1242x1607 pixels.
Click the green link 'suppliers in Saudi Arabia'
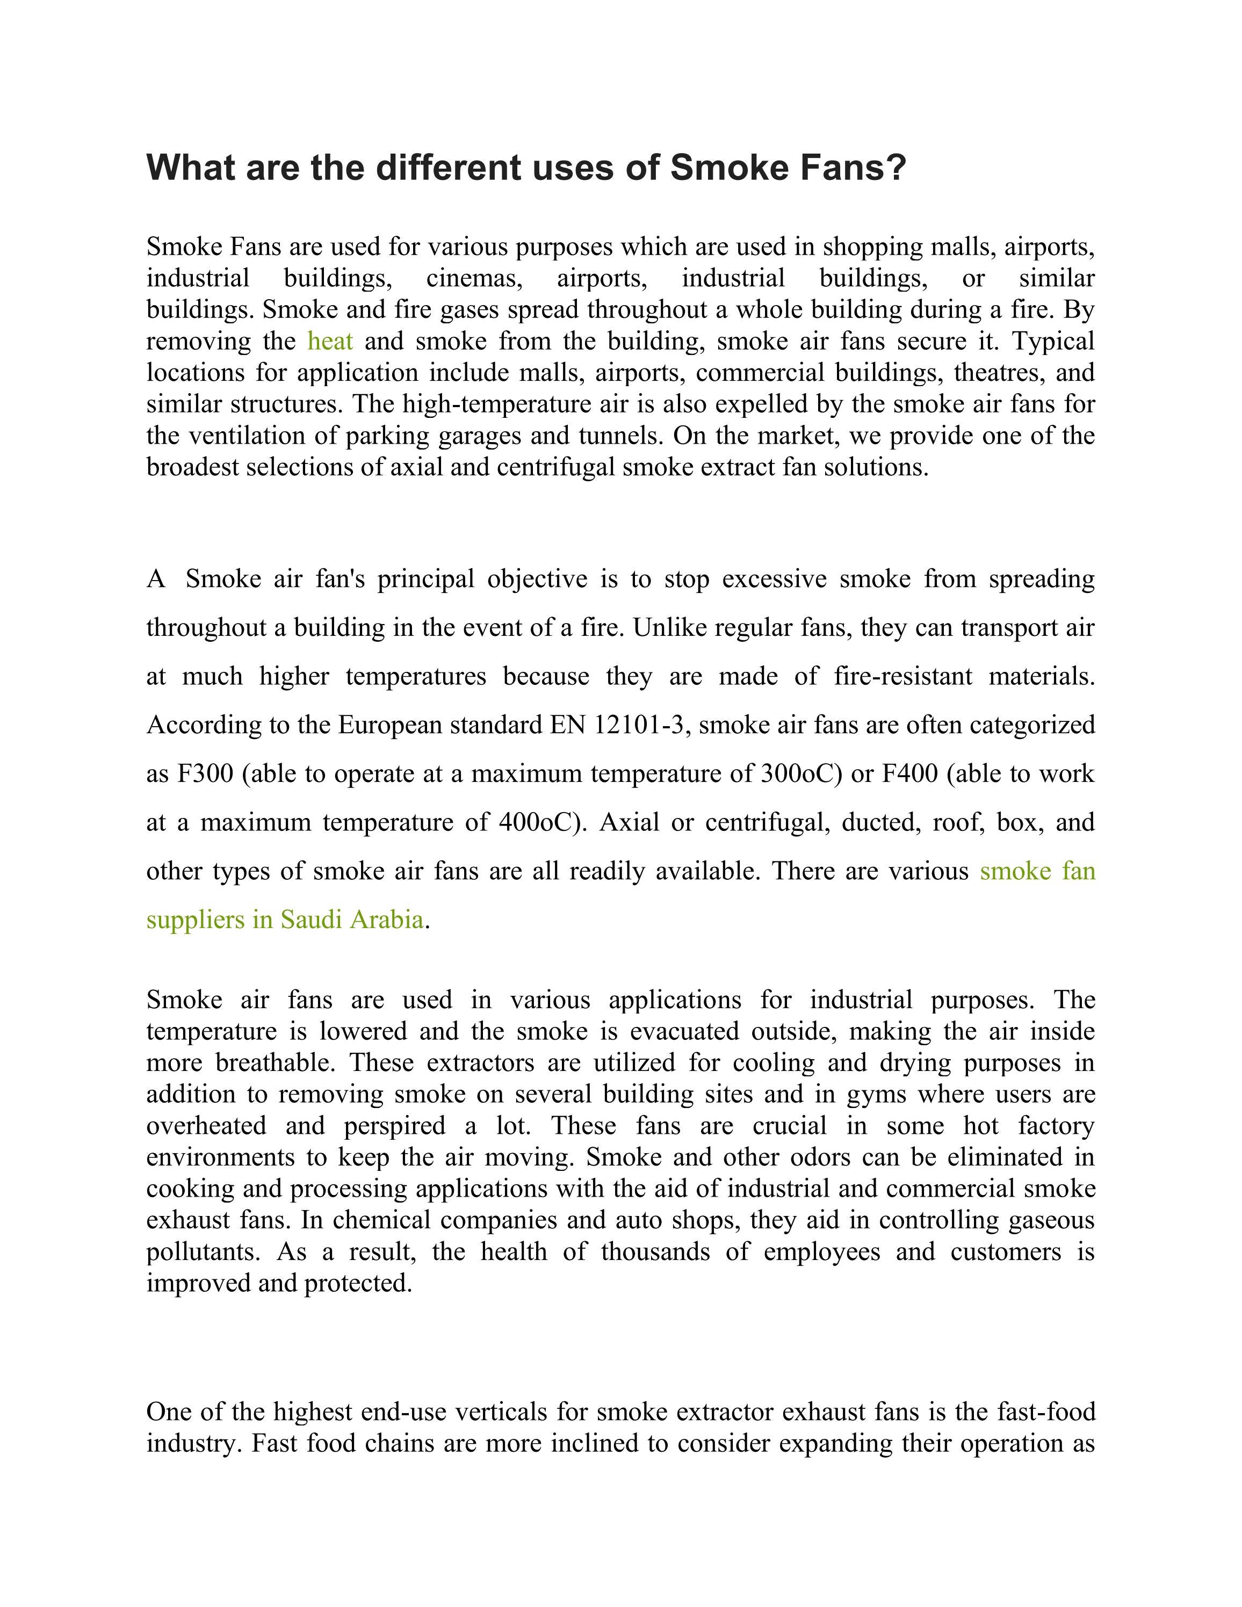point(285,920)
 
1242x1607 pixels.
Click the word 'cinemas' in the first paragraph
point(473,279)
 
